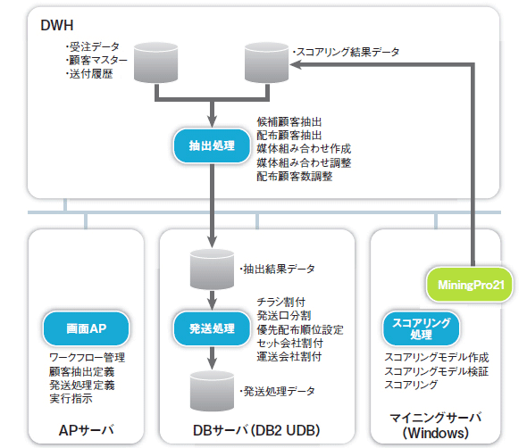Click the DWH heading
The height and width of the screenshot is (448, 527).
57,25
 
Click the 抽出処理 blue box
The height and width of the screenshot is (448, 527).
212,145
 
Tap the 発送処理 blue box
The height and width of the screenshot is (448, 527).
212,328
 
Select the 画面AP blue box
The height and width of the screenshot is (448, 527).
86,328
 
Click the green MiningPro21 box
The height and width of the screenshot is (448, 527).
471,285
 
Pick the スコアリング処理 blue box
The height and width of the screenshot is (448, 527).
421,328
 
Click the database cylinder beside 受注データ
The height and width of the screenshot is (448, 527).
155,62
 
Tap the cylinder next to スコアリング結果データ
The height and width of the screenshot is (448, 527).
266,62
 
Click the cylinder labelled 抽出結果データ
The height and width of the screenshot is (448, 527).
212,270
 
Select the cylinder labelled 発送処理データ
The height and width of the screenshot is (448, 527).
212,391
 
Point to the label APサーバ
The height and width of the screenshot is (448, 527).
86,430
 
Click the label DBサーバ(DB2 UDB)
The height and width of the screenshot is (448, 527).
256,430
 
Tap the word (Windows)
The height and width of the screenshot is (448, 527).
436,433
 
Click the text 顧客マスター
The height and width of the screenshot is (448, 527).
96,60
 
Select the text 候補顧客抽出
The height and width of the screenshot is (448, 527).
289,121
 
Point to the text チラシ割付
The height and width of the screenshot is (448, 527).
281,302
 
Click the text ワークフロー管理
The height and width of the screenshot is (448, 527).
87,357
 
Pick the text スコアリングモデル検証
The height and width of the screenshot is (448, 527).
436,371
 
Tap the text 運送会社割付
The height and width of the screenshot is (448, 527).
289,356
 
